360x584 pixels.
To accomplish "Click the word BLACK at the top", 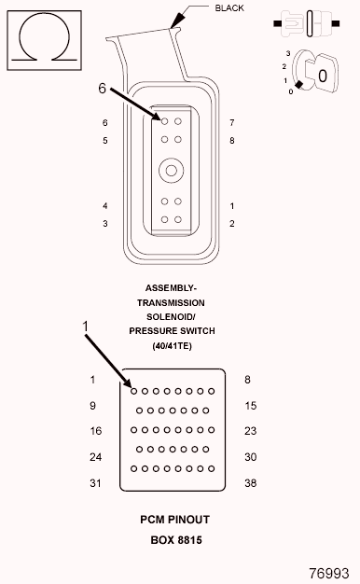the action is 229,7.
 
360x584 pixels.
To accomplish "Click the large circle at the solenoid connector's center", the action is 171,171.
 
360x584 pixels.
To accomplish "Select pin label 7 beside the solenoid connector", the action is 231,123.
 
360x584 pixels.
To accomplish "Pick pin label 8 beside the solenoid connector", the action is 231,141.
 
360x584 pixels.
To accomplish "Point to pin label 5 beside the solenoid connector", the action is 105,141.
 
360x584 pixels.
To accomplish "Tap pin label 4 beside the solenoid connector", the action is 105,206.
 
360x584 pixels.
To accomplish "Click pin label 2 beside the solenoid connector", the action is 231,224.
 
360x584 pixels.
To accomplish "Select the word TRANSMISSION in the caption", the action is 171,303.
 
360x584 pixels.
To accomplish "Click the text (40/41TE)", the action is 171,347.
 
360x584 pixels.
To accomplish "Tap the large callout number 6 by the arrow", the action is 103,89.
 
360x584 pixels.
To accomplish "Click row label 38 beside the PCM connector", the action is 249,483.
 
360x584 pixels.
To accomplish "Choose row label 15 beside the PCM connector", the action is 249,406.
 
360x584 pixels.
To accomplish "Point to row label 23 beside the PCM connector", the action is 249,431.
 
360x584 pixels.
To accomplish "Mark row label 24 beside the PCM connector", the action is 95,457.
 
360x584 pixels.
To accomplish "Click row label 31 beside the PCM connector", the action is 95,483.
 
